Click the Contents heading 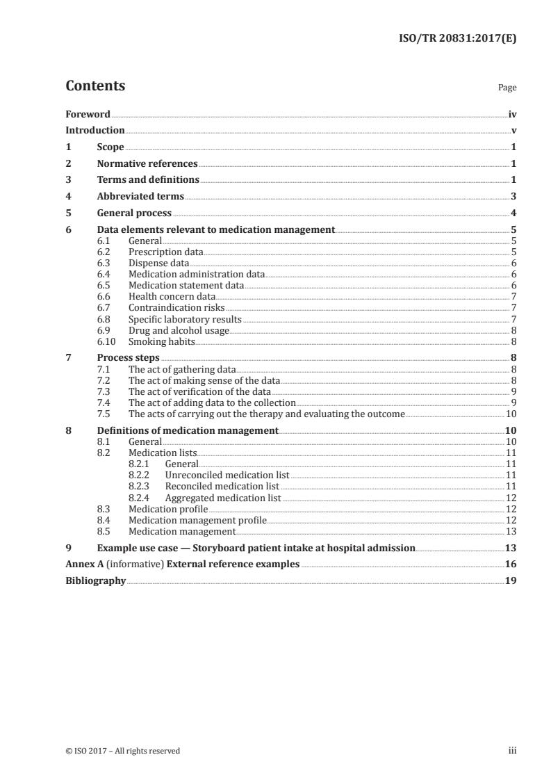click(95, 86)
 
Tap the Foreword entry click(88, 114)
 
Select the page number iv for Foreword click(511, 114)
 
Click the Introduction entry click(95, 130)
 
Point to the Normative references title click(147, 163)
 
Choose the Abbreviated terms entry click(140, 197)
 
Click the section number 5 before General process click(68, 213)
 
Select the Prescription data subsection click(165, 252)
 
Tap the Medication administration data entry click(197, 274)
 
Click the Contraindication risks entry click(177, 308)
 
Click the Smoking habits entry click(161, 341)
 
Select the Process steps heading click(124, 358)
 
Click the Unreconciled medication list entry click(227, 475)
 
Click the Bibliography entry click(95, 581)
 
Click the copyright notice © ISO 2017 click(123, 751)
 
